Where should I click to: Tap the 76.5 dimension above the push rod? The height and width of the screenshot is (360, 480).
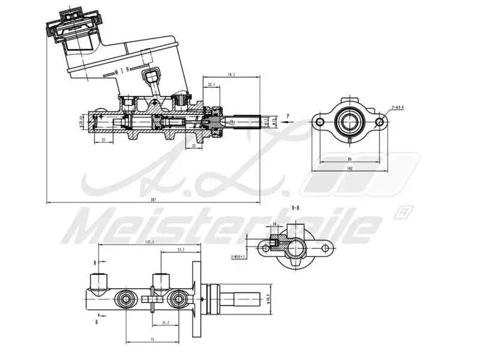point(231,74)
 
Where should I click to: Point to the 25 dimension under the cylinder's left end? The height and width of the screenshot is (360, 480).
point(104,139)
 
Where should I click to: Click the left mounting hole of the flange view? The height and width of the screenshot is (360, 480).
point(320,122)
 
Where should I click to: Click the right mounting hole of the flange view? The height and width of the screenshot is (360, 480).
point(379,122)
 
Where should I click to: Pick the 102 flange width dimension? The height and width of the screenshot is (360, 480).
point(349,169)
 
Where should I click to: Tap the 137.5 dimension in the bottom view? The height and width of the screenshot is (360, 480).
point(149,242)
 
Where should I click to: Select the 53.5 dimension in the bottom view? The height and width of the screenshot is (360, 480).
point(180,249)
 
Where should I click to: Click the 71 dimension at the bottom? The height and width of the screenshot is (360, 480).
point(152,340)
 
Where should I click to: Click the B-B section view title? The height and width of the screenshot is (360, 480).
point(295,208)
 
